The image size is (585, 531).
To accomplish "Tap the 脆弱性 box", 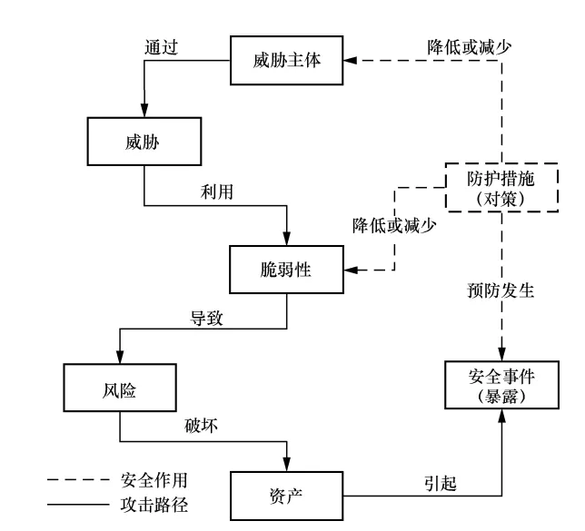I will [x=288, y=268].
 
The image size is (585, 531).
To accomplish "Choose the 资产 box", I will [x=287, y=495].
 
